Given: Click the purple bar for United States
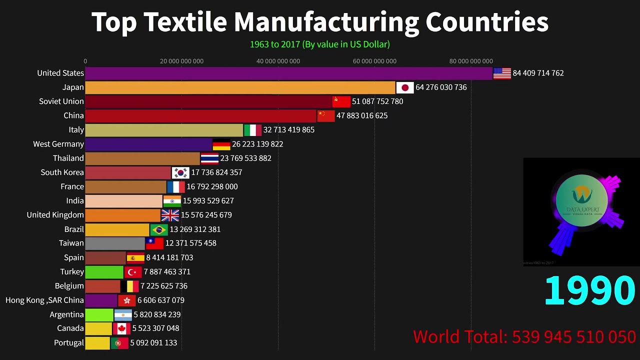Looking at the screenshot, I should (x=288, y=73).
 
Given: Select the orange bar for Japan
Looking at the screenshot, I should (x=240, y=87).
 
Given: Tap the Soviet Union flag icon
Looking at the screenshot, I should (x=341, y=101).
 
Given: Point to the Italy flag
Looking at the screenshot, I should (x=252, y=130).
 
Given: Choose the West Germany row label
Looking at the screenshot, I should (x=58, y=144).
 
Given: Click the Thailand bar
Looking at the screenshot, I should (x=142, y=158).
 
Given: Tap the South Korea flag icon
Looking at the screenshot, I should (x=180, y=172).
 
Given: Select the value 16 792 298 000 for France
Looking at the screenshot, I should (x=212, y=186).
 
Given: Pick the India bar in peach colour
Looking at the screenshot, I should (x=123, y=201).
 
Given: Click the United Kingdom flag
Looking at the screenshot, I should (x=170, y=215).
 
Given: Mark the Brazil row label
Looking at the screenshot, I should (x=74, y=229).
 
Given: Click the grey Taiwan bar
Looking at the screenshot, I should (x=115, y=243).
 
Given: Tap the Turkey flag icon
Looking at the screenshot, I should (x=133, y=272).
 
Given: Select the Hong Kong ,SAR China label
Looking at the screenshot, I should (x=44, y=300).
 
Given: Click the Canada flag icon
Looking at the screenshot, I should (x=121, y=328).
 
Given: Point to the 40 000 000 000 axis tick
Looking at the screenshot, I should (x=278, y=61).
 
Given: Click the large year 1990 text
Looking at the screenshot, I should (x=589, y=290).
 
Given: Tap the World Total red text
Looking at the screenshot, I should (x=524, y=336).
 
